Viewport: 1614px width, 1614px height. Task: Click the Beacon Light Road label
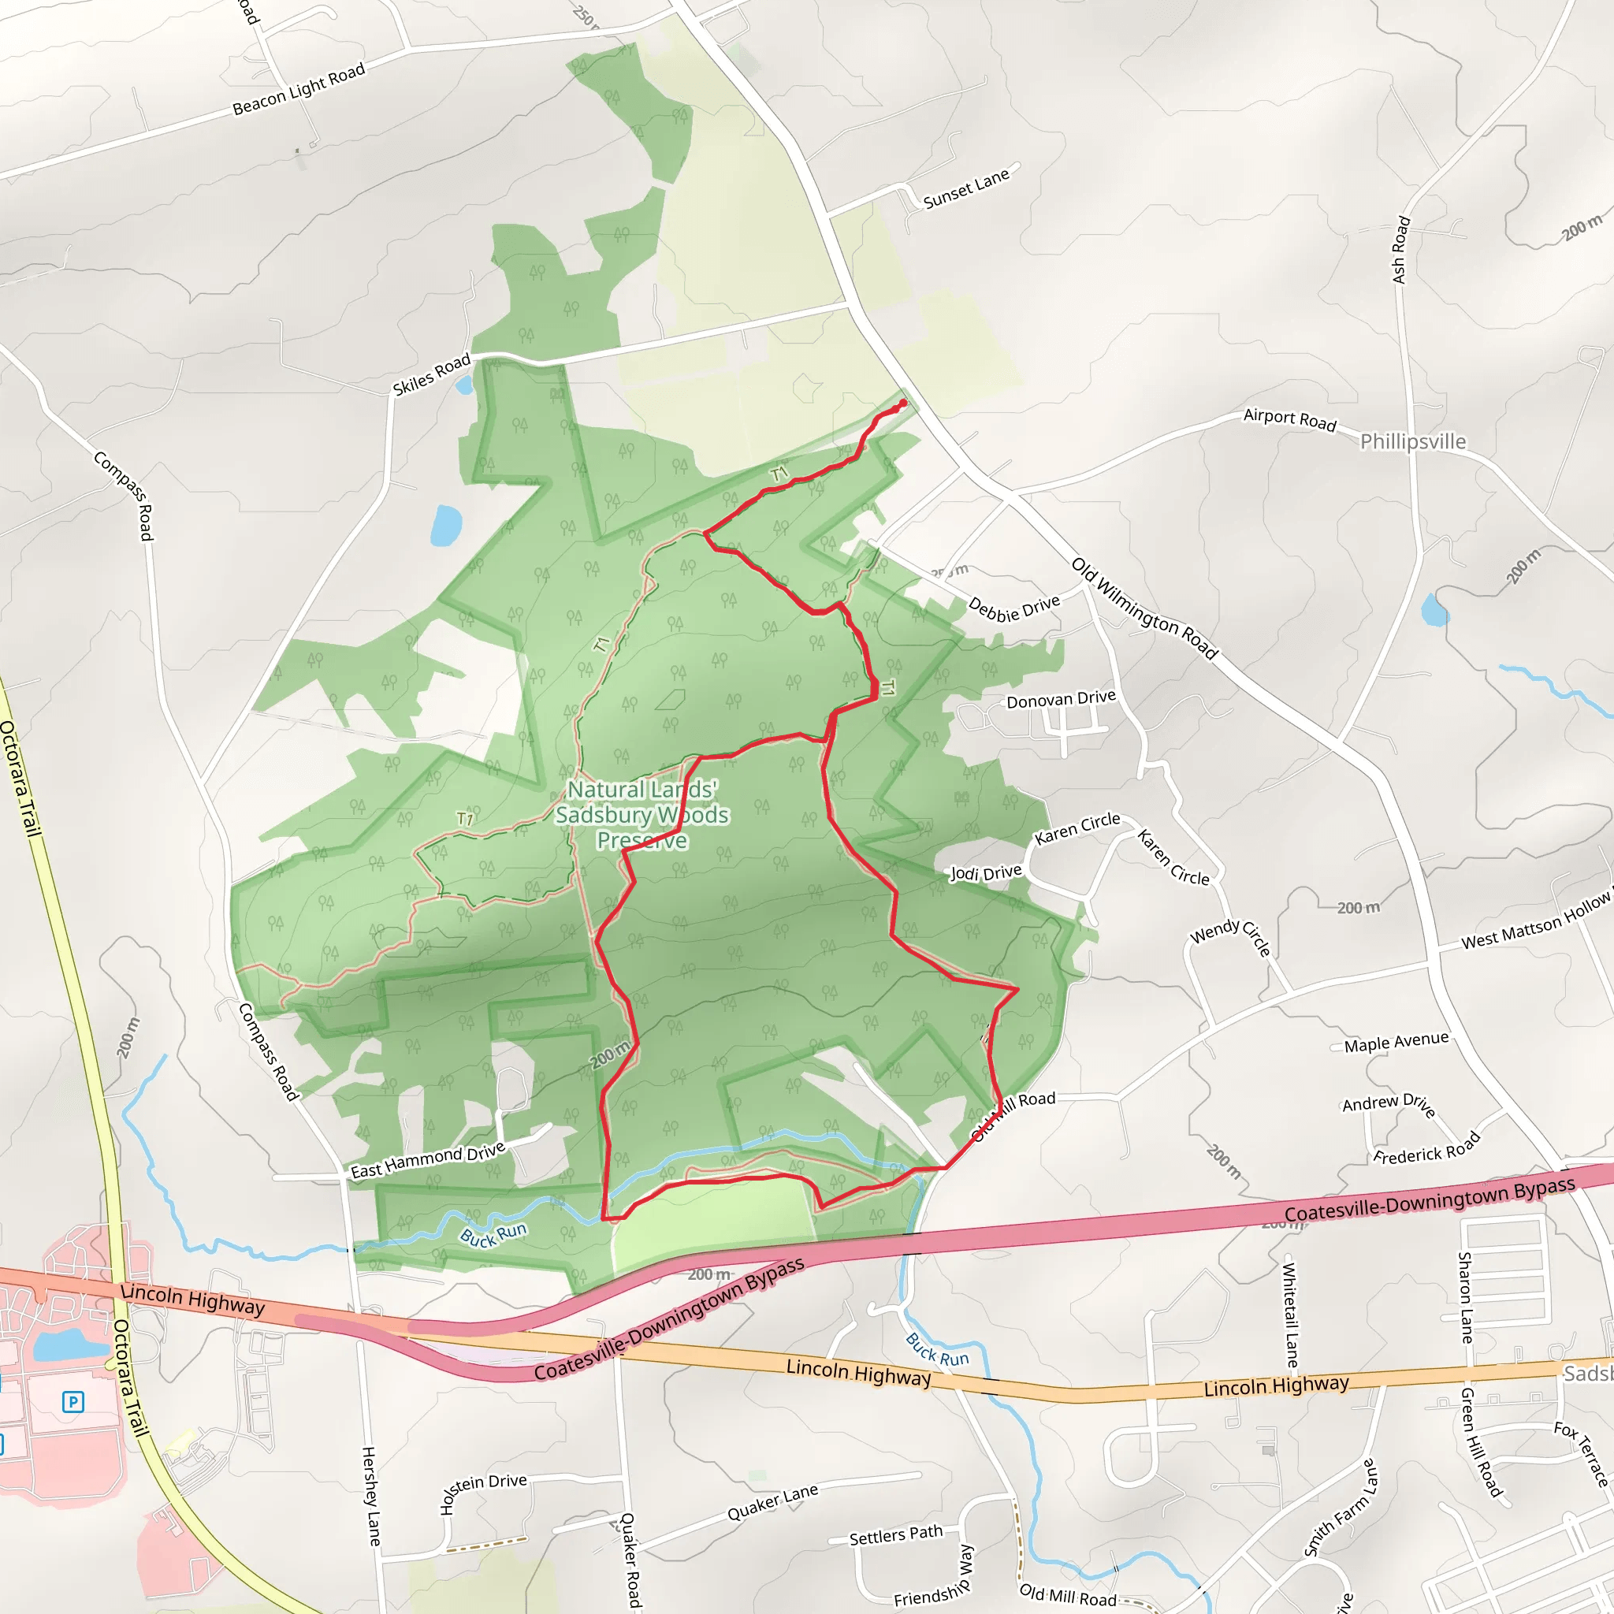(298, 88)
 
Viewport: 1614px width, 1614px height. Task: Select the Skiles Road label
(432, 374)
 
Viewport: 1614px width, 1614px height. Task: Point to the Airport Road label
(1289, 418)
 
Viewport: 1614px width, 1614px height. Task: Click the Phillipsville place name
(1413, 441)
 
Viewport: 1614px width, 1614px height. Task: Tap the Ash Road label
(1401, 250)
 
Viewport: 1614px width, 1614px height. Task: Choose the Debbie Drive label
(1013, 608)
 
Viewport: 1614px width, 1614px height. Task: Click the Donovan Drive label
(1060, 699)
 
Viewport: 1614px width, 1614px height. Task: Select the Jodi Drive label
(986, 873)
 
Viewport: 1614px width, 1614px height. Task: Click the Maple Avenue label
(1396, 1042)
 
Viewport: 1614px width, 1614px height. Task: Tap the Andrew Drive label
(1389, 1104)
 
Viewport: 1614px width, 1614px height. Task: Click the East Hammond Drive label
(428, 1160)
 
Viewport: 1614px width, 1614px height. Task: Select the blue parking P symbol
(73, 1401)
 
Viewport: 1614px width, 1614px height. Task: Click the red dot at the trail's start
(902, 403)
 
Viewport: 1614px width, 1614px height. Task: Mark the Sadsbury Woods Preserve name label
(642, 815)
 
